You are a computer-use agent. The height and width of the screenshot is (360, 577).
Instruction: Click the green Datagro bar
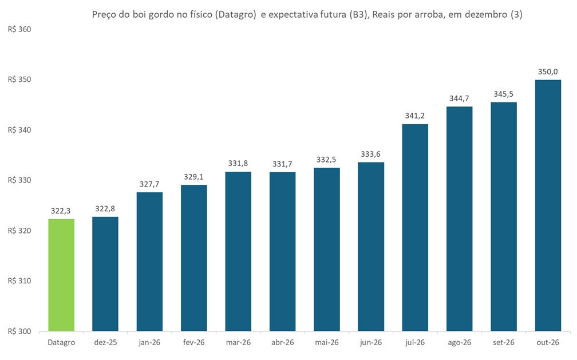point(61,275)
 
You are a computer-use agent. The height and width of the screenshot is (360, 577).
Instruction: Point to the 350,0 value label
point(548,72)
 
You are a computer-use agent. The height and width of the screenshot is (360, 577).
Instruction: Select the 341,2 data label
point(415,116)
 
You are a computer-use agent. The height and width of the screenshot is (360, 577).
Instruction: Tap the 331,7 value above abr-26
point(282,164)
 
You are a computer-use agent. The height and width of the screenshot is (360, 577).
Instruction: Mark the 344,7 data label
point(459,98)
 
